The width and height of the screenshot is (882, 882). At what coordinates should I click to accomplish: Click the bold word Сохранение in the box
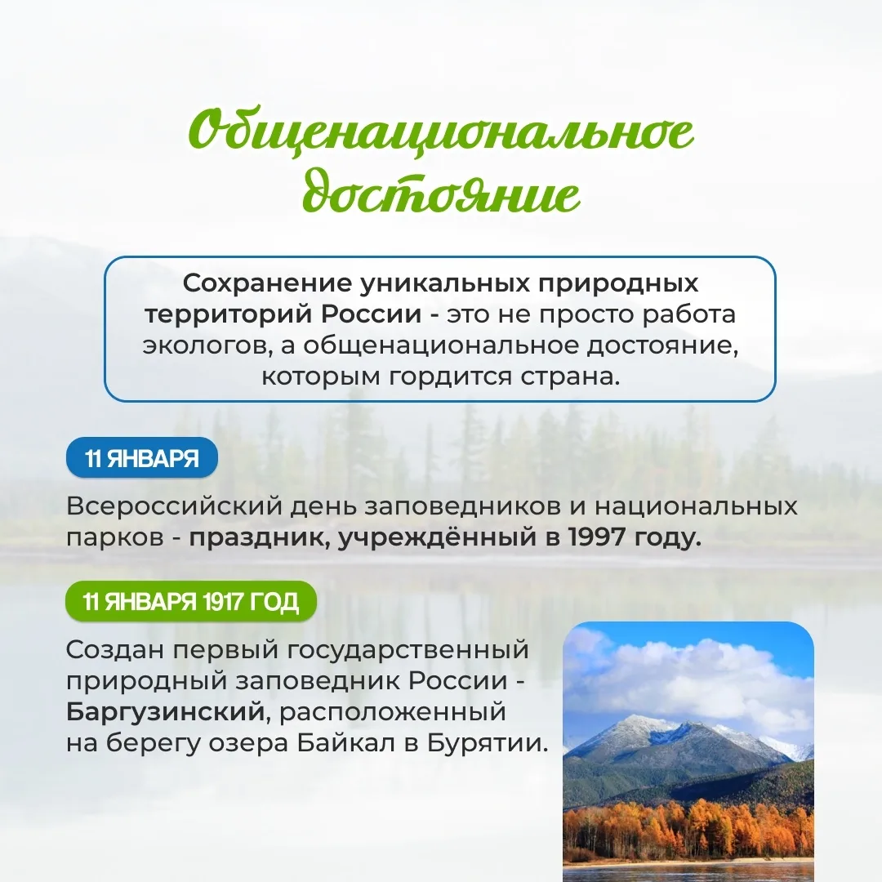pyautogui.click(x=267, y=283)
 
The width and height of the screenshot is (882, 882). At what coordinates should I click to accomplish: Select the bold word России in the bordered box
pyautogui.click(x=372, y=314)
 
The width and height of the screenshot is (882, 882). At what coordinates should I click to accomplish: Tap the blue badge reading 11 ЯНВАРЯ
pyautogui.click(x=142, y=458)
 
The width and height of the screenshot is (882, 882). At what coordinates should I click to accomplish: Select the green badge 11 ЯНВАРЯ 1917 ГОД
pyautogui.click(x=191, y=601)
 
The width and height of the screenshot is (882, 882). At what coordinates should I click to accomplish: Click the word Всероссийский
pyautogui.click(x=175, y=506)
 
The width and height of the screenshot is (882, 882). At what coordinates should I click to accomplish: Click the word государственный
pyautogui.click(x=408, y=650)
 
